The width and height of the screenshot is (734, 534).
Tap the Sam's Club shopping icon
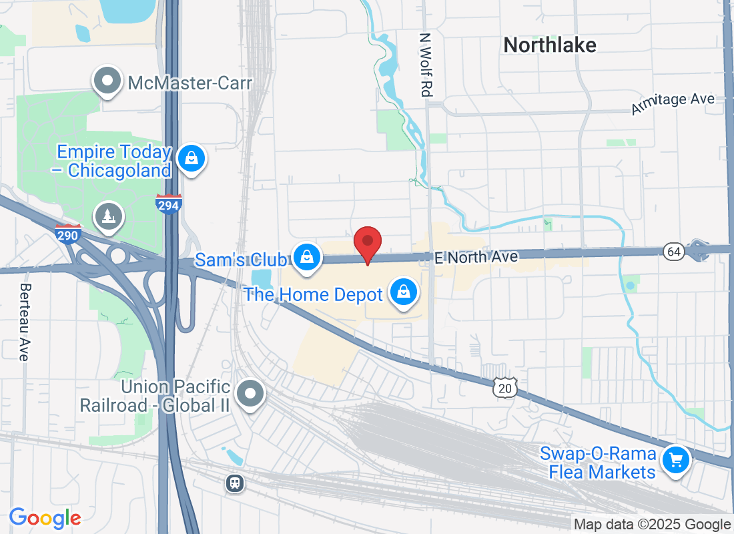coord(306,256)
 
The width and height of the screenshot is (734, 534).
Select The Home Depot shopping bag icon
coord(404,292)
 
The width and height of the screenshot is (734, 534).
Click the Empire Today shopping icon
coord(192,158)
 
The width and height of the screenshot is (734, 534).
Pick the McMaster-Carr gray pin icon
coord(107,81)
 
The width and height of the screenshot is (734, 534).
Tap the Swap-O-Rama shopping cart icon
coord(675,459)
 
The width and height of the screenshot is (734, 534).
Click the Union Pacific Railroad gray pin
coord(251,394)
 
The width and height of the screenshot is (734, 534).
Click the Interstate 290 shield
coord(68,234)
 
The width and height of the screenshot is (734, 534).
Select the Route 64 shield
coord(673,252)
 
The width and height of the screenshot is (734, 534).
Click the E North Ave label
coord(476,257)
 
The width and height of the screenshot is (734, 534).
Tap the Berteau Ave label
coord(25,322)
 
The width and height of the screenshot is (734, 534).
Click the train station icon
coord(234,483)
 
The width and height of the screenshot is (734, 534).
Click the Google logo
coord(45,517)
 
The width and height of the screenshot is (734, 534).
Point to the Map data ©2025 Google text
coord(652,525)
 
